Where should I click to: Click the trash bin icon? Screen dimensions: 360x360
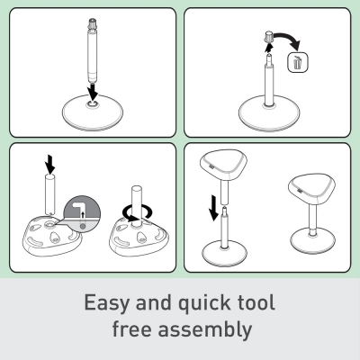pos(298,62)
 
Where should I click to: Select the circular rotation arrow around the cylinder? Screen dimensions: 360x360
pos(137,212)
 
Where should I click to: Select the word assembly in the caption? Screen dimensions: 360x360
pos(205,330)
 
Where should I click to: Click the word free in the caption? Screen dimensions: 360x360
pos(131,328)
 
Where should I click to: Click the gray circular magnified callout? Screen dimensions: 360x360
pos(82,215)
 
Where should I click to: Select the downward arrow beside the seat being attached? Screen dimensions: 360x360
pos(213,208)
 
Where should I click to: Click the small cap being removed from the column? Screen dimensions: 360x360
pos(269,36)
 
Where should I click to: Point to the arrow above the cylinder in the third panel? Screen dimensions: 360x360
pos(49,164)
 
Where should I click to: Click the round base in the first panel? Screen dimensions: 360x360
pos(93,112)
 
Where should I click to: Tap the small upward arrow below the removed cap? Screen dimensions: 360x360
pos(269,48)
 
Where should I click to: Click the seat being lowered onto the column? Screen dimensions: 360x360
pos(223,166)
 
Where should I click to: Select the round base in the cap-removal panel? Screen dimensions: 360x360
pos(269,113)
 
